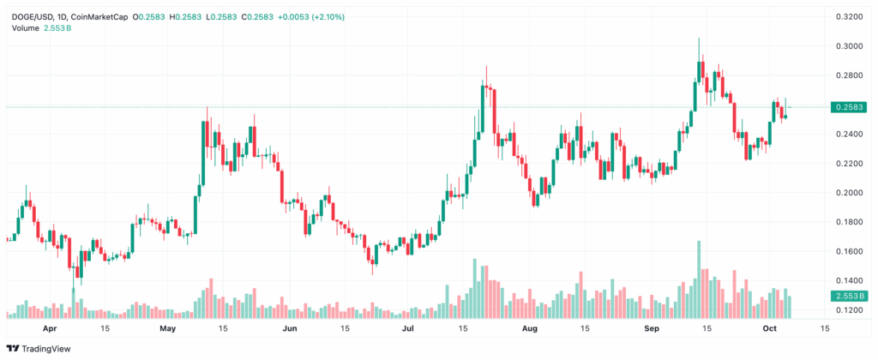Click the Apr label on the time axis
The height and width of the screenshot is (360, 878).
click(x=49, y=328)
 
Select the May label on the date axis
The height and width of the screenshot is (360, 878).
click(x=168, y=328)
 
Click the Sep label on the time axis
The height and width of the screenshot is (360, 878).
click(x=652, y=328)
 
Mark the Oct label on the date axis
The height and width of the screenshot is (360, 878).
click(x=770, y=328)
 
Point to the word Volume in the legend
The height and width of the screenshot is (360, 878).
click(x=25, y=28)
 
